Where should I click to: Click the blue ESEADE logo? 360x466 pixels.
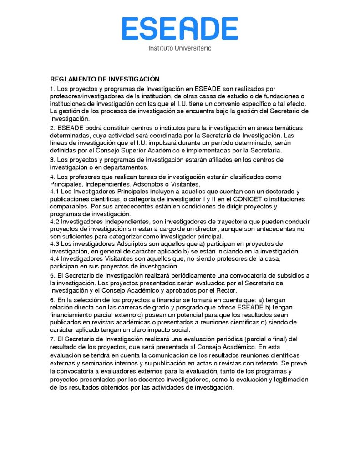click(x=179, y=28)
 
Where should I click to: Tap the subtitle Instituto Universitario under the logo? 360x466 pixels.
click(x=180, y=48)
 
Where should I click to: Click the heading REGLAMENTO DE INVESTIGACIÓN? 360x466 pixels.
click(x=104, y=79)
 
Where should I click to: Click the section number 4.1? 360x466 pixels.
click(x=55, y=192)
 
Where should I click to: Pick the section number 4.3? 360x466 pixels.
click(x=55, y=244)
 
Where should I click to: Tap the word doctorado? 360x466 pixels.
click(x=278, y=192)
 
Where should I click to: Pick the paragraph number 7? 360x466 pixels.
click(x=52, y=339)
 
